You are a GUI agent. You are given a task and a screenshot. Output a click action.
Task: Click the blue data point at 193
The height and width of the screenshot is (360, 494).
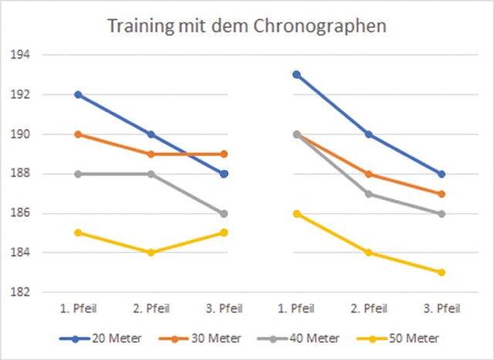point(296,75)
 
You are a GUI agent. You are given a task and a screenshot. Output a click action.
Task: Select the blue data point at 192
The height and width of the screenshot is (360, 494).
point(77,94)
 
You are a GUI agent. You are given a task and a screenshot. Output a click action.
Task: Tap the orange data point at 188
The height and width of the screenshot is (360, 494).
point(369,174)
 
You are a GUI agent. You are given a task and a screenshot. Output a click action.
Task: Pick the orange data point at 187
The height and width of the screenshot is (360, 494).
point(441,194)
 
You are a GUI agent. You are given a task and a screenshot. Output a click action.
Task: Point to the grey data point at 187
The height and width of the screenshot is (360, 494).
point(369,194)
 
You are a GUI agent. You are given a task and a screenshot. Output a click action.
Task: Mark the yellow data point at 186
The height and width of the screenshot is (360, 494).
point(296,213)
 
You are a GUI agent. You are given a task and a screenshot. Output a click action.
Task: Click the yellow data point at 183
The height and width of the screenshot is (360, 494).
point(441,272)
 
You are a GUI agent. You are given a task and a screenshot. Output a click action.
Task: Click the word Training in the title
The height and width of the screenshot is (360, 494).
point(139,26)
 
